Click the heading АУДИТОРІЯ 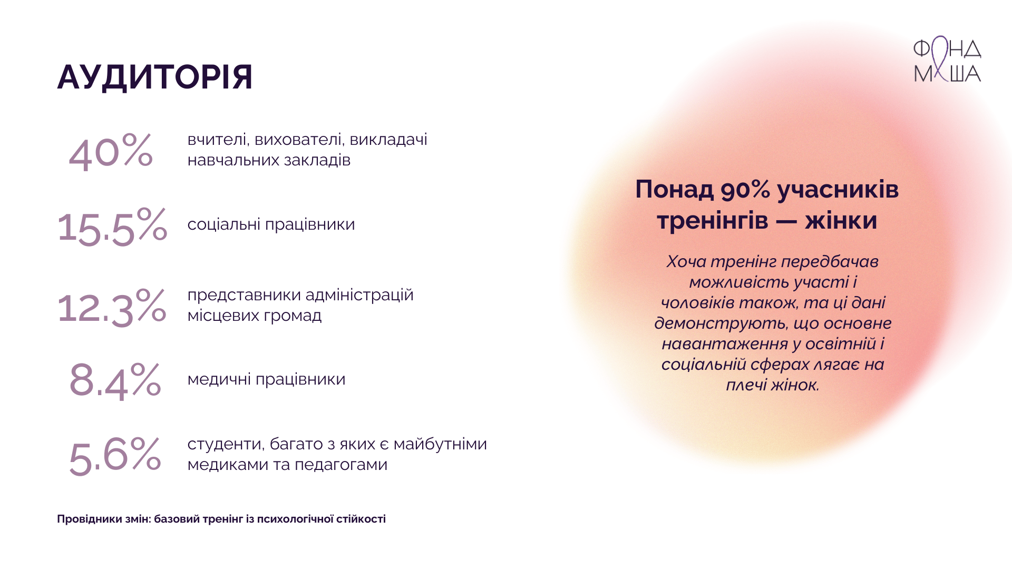155,77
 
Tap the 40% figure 111,151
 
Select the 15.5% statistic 112,226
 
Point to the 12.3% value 112,307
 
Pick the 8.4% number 115,380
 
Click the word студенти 226,444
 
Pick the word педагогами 341,465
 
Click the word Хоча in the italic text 686,261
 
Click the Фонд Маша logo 947,60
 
